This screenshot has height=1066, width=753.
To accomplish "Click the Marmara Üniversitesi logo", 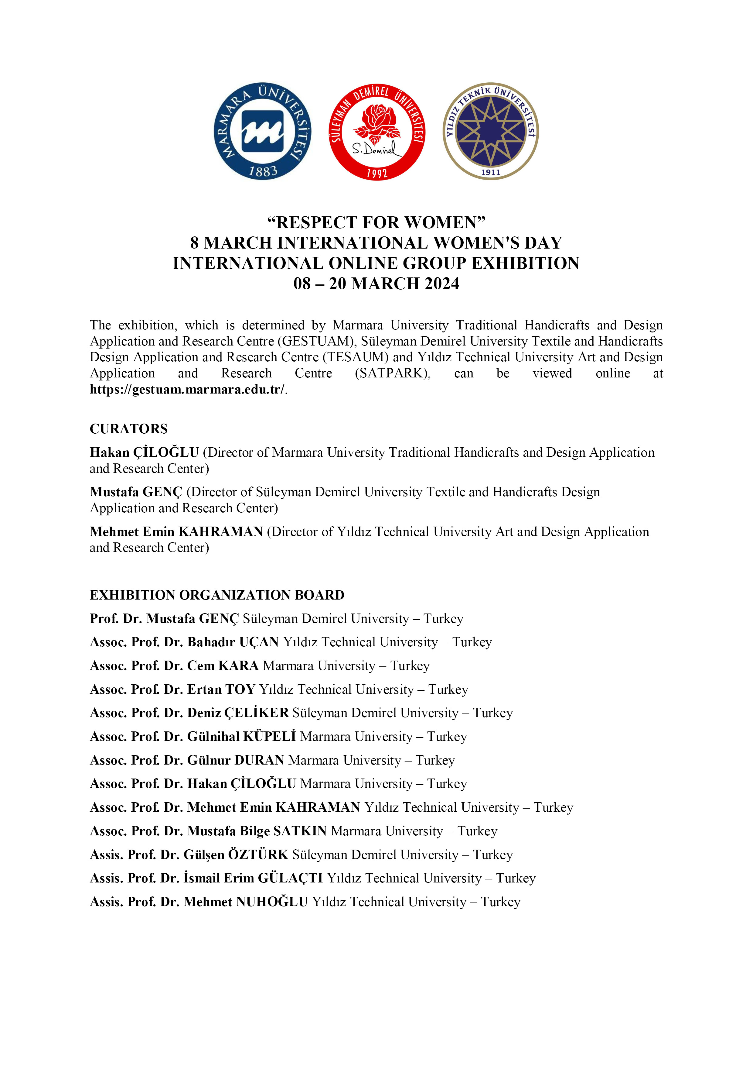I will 263,131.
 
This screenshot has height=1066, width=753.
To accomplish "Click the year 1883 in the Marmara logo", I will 263,171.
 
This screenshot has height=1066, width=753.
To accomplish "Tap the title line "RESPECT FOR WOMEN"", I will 376,223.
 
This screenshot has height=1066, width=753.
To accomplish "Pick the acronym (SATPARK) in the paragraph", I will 393,373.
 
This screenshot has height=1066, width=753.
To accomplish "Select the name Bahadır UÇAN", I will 233,642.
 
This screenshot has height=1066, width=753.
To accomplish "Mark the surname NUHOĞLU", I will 272,902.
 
